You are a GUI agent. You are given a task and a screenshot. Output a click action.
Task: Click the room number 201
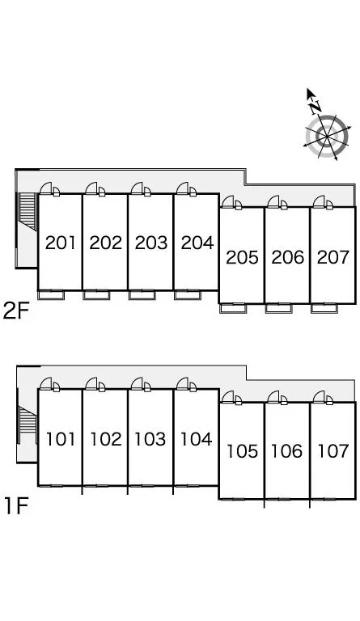coord(60,243)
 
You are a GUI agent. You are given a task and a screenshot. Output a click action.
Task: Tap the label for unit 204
coord(197,243)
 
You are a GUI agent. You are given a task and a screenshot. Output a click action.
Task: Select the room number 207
coord(333,257)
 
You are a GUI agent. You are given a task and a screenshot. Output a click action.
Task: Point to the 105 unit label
coord(242,451)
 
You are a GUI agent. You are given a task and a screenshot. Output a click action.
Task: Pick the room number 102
coord(106,439)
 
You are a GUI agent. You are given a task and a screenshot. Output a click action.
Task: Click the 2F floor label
coord(16,310)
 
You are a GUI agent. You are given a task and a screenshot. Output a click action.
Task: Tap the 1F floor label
coord(16,506)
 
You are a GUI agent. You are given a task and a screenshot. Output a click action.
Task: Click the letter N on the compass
coord(316,106)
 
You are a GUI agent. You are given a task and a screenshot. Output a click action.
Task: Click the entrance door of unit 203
coord(141,189)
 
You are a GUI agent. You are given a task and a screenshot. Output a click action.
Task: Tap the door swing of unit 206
coord(277,202)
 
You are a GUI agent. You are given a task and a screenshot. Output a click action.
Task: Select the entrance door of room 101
coord(49,384)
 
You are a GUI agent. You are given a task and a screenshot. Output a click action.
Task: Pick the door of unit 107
coord(322,398)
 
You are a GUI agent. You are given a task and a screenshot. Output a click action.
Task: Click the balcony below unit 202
coord(96,295)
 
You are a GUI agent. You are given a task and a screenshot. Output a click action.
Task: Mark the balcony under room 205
coord(233,308)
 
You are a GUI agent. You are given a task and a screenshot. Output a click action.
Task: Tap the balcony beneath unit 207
coord(324,308)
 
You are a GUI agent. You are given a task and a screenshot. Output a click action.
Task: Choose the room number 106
coord(287,451)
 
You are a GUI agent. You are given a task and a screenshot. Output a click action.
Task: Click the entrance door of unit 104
coord(186,384)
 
